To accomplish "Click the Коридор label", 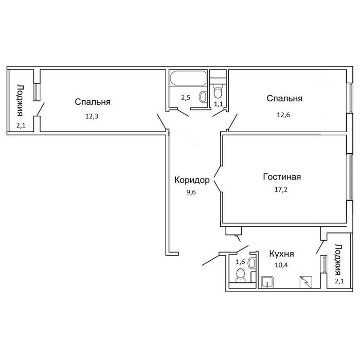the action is (192, 180).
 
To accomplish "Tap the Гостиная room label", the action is (282, 177).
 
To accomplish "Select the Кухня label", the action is (281, 254).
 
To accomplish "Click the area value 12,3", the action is (92, 116).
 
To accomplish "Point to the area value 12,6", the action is (283, 115).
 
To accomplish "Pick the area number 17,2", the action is (281, 189).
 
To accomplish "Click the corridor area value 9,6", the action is (191, 192).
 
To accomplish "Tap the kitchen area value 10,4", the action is (281, 265).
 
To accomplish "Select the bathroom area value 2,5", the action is (186, 98).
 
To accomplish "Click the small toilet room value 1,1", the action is (219, 104).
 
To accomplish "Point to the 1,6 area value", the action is (240, 262).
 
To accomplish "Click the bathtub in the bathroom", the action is (188, 78).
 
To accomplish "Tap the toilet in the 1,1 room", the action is (218, 92).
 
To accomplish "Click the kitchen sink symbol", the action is (267, 282).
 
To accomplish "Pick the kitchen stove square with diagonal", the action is (306, 282).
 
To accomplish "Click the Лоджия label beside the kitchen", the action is (338, 259).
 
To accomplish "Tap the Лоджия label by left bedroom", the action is (21, 100).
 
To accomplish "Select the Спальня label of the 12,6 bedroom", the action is (284, 99).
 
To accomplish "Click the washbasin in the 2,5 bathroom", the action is (203, 97).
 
